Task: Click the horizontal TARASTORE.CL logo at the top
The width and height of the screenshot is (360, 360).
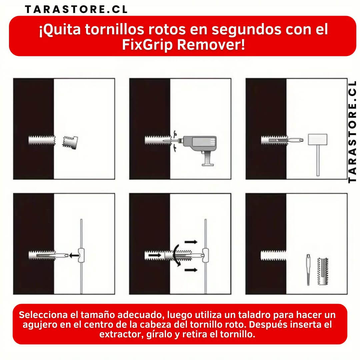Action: tap(76, 9)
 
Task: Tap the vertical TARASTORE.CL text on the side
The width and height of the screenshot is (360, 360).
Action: tap(352, 132)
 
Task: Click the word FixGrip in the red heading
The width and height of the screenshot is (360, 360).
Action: tap(147, 45)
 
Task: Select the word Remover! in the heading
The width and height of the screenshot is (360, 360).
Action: tap(211, 44)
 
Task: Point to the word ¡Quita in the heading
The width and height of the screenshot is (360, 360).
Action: tap(60, 30)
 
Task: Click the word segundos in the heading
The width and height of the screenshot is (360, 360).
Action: tap(246, 30)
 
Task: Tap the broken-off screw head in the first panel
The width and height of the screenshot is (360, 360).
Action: tap(70, 142)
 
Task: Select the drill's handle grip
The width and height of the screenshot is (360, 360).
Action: tap(208, 159)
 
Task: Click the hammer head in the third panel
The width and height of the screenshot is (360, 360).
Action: tap(318, 139)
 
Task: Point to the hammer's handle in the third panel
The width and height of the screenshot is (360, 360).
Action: tap(318, 160)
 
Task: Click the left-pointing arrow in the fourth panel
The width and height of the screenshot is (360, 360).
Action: tap(74, 255)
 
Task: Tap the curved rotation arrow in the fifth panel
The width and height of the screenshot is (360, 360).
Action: tap(177, 255)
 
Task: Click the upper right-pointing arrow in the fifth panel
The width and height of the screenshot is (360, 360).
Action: tap(191, 242)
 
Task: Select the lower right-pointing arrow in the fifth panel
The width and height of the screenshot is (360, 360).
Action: tap(191, 270)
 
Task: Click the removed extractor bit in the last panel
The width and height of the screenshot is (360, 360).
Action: tap(308, 270)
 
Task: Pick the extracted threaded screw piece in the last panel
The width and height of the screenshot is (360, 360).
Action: tap(323, 271)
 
